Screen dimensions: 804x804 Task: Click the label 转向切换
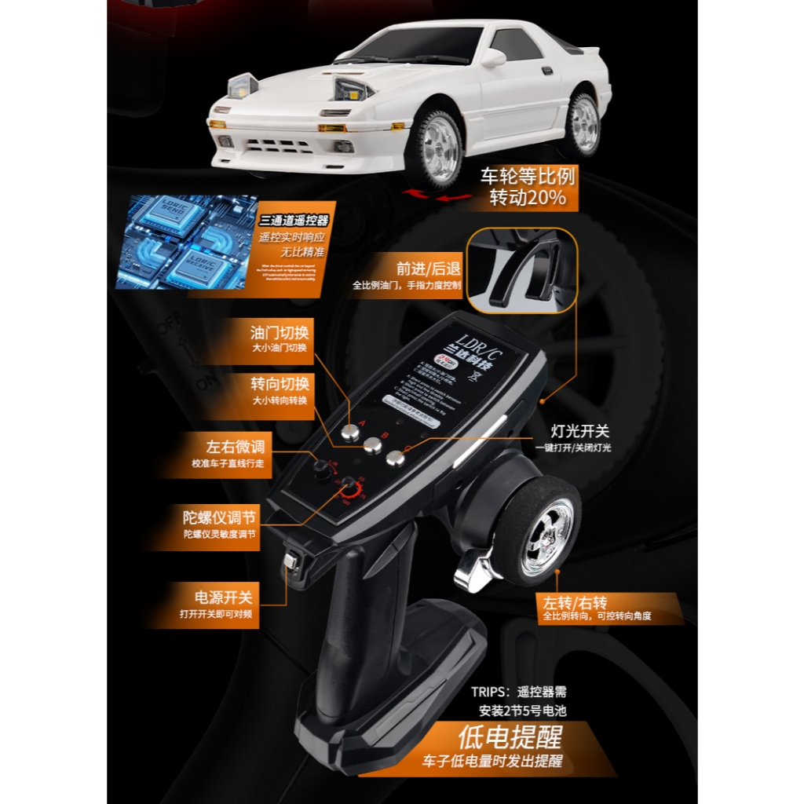coord(280,384)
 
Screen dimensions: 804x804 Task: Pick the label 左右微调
coord(235,447)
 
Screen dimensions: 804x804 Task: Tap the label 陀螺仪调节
coord(219,517)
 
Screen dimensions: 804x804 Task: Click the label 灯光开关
coord(580,431)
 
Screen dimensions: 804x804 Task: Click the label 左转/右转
coord(575,603)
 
